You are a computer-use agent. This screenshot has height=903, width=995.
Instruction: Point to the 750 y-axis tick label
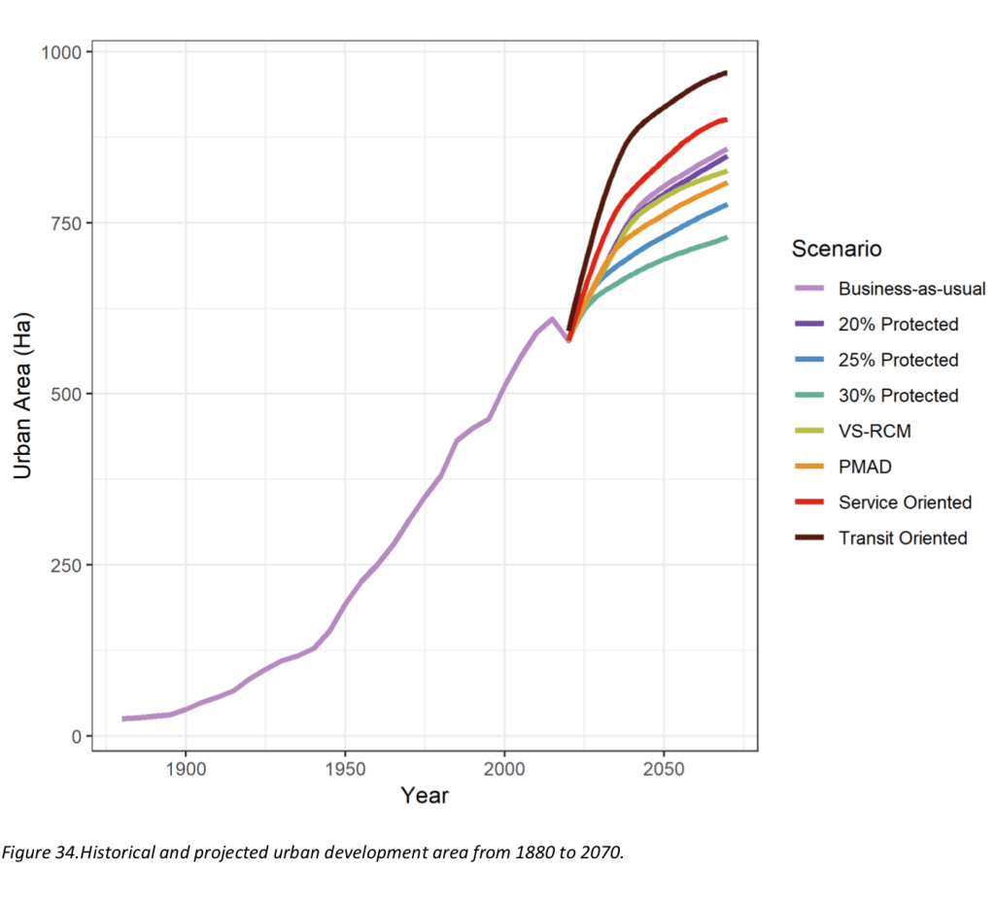pyautogui.click(x=66, y=223)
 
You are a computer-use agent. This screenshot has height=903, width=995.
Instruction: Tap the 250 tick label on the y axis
pyautogui.click(x=66, y=565)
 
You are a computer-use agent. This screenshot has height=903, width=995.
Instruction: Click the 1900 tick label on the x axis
pyautogui.click(x=185, y=767)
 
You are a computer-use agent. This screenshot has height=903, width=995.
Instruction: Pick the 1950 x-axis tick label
pyautogui.click(x=344, y=767)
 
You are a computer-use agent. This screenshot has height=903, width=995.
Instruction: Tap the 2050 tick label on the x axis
pyautogui.click(x=663, y=767)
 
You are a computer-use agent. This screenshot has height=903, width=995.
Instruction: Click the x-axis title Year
pyautogui.click(x=425, y=796)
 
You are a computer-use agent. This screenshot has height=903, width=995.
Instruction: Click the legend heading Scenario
pyautogui.click(x=837, y=249)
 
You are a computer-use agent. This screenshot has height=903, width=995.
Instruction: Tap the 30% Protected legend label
pyautogui.click(x=898, y=396)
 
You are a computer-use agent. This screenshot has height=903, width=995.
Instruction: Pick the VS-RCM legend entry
pyautogui.click(x=874, y=431)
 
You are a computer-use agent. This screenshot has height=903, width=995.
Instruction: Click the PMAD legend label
pyautogui.click(x=865, y=467)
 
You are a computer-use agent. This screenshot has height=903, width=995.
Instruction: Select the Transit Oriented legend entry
pyautogui.click(x=903, y=538)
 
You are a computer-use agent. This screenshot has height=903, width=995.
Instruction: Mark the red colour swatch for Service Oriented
pyautogui.click(x=809, y=503)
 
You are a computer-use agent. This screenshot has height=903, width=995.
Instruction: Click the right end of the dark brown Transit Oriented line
pyautogui.click(x=726, y=73)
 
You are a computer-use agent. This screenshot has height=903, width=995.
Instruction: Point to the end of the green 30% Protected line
pyautogui.click(x=726, y=237)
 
